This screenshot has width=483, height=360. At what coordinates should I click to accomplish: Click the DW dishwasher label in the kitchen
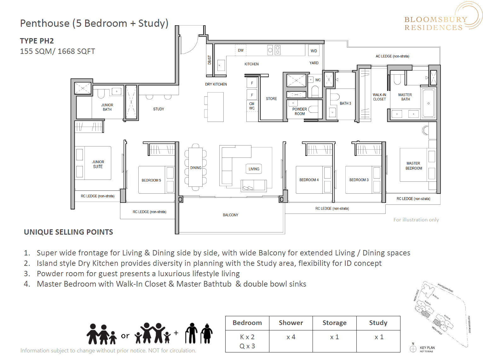[241, 50]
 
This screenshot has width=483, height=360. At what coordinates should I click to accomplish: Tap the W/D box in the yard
[314, 51]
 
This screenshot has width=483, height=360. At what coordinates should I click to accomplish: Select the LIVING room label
[254, 169]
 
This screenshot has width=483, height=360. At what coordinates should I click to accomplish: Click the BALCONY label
[230, 215]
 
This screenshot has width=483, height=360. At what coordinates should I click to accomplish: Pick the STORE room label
[271, 99]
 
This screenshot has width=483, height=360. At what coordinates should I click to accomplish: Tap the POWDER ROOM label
[299, 111]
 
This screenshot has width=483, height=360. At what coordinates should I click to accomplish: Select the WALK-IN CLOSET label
[379, 97]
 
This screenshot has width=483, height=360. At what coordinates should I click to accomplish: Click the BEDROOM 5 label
[151, 180]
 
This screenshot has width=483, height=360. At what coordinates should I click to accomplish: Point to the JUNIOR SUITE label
[98, 164]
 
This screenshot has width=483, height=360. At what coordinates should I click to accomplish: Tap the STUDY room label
[158, 109]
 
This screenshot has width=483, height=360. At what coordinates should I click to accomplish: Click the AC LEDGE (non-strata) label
[392, 56]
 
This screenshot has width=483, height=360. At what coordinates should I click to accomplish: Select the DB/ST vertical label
[210, 60]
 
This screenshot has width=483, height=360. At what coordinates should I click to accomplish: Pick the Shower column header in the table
[291, 323]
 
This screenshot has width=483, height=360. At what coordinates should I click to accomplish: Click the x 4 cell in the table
[291, 337]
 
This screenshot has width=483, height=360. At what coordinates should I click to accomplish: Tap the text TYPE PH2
[37, 41]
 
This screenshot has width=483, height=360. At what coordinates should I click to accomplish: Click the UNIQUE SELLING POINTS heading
[68, 232]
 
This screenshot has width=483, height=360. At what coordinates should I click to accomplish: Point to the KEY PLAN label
[427, 348]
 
